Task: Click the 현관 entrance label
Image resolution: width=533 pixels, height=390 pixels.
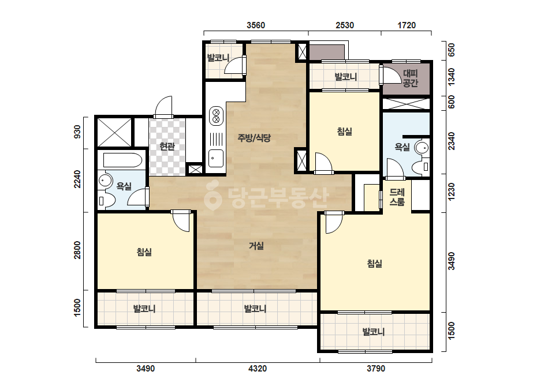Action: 167,147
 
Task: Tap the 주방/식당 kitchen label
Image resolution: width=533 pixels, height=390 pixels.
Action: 254,137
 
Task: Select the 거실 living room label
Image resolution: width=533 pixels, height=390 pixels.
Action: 256,245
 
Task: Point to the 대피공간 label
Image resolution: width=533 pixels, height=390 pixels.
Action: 410,78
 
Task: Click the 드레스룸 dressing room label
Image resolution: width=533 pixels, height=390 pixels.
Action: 397,197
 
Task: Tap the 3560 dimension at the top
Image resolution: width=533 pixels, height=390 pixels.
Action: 256,25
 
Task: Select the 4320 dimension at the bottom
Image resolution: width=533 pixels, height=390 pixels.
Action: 258,368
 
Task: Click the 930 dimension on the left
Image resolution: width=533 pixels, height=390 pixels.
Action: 77,132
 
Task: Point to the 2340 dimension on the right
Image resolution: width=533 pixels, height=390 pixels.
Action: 451,141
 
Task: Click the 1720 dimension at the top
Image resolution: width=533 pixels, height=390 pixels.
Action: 407,25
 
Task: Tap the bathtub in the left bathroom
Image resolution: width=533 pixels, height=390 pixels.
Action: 122,160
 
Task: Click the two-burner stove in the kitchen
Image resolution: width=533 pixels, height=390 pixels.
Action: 216,115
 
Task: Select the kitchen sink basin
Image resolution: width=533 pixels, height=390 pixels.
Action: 216,158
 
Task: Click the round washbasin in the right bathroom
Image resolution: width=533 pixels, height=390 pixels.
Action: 422,148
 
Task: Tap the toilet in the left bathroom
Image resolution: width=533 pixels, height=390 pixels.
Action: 105,200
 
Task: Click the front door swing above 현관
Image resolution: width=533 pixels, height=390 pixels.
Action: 164,107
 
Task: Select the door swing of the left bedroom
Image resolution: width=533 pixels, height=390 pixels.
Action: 181,221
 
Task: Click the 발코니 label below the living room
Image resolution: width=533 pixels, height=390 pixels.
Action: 255,309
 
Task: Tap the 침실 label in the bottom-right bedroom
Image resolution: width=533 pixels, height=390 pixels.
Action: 375,263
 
